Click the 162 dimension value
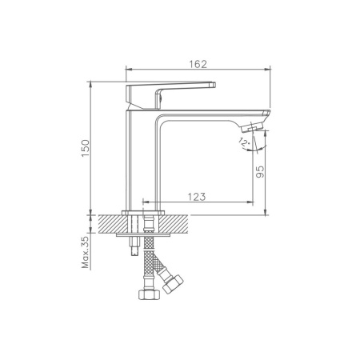(x=198, y=64)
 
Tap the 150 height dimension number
(x=86, y=148)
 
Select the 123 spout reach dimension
(x=197, y=197)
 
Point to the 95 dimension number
(x=260, y=172)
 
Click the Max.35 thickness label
(x=86, y=252)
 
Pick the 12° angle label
(x=244, y=142)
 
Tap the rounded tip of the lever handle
(x=214, y=85)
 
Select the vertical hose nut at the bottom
(x=150, y=294)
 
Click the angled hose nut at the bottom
(x=173, y=284)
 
